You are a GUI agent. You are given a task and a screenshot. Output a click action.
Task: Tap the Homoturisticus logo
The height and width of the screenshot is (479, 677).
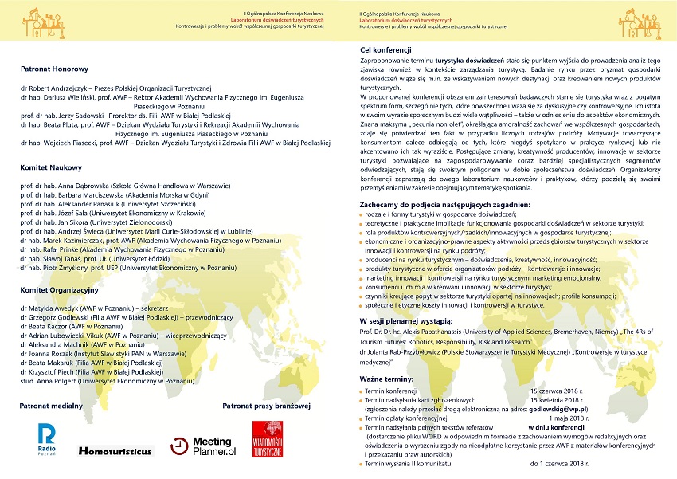click(115, 451)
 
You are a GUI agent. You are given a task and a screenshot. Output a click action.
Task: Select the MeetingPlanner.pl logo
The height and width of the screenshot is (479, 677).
click(203, 446)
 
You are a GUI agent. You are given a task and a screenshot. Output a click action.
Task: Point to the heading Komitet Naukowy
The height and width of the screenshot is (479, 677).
click(49, 168)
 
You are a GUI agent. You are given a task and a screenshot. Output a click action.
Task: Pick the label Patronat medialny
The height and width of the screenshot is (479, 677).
click(52, 406)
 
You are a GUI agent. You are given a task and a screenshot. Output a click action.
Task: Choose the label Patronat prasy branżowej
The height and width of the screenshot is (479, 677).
click(265, 406)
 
